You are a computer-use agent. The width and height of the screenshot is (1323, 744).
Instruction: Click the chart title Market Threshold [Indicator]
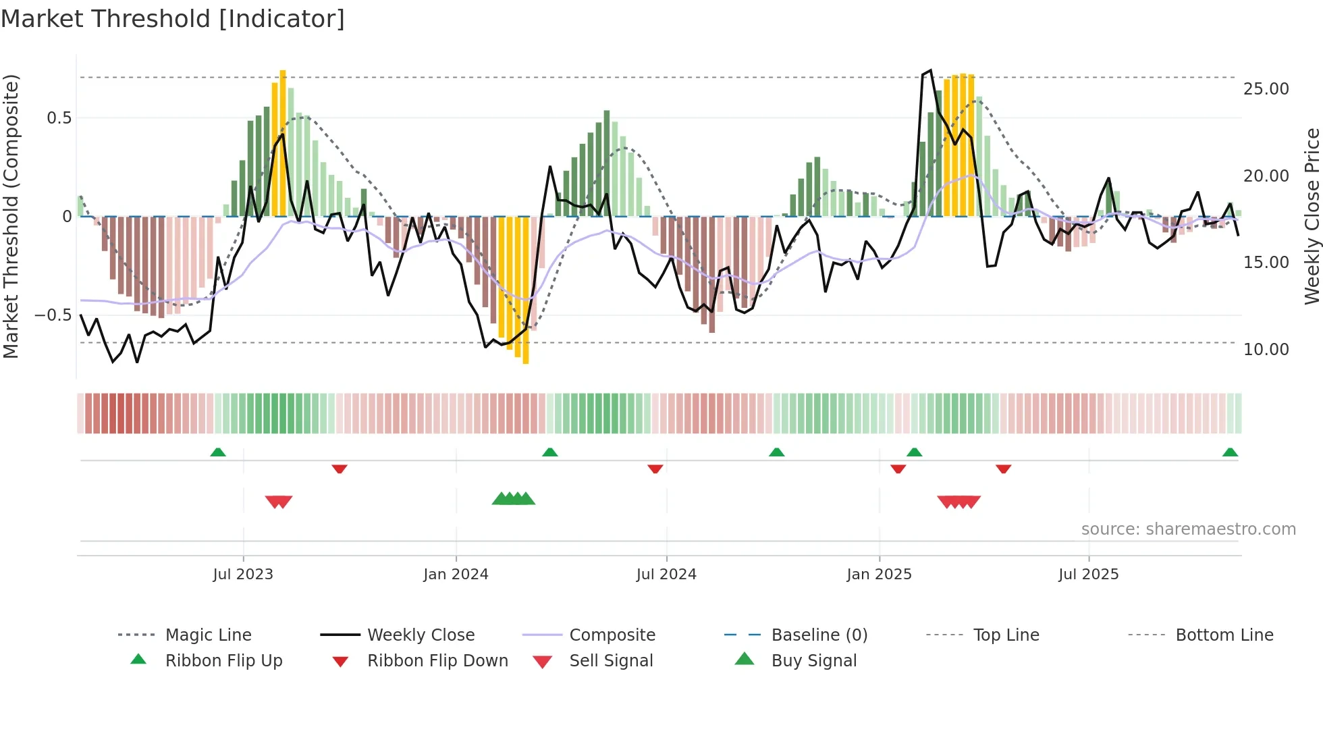tap(173, 19)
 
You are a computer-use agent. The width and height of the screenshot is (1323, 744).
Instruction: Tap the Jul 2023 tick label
tap(243, 575)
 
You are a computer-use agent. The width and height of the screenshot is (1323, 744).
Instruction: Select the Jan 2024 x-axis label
tap(456, 575)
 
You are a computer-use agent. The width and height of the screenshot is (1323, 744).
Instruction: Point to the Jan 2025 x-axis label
tap(879, 575)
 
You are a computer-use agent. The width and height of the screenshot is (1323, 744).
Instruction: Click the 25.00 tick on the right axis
tap(1266, 89)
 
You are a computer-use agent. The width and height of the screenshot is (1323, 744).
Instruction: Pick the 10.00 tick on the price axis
tap(1266, 350)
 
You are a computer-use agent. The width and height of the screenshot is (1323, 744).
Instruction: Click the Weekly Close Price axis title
tap(1312, 216)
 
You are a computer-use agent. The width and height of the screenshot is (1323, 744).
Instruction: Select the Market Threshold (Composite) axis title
tap(11, 216)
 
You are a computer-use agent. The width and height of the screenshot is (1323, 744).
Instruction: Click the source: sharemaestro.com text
tap(1188, 529)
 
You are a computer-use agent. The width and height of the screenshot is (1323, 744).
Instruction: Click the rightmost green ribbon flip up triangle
tap(1230, 452)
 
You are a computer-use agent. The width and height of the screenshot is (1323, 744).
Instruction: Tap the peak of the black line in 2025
tap(931, 70)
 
